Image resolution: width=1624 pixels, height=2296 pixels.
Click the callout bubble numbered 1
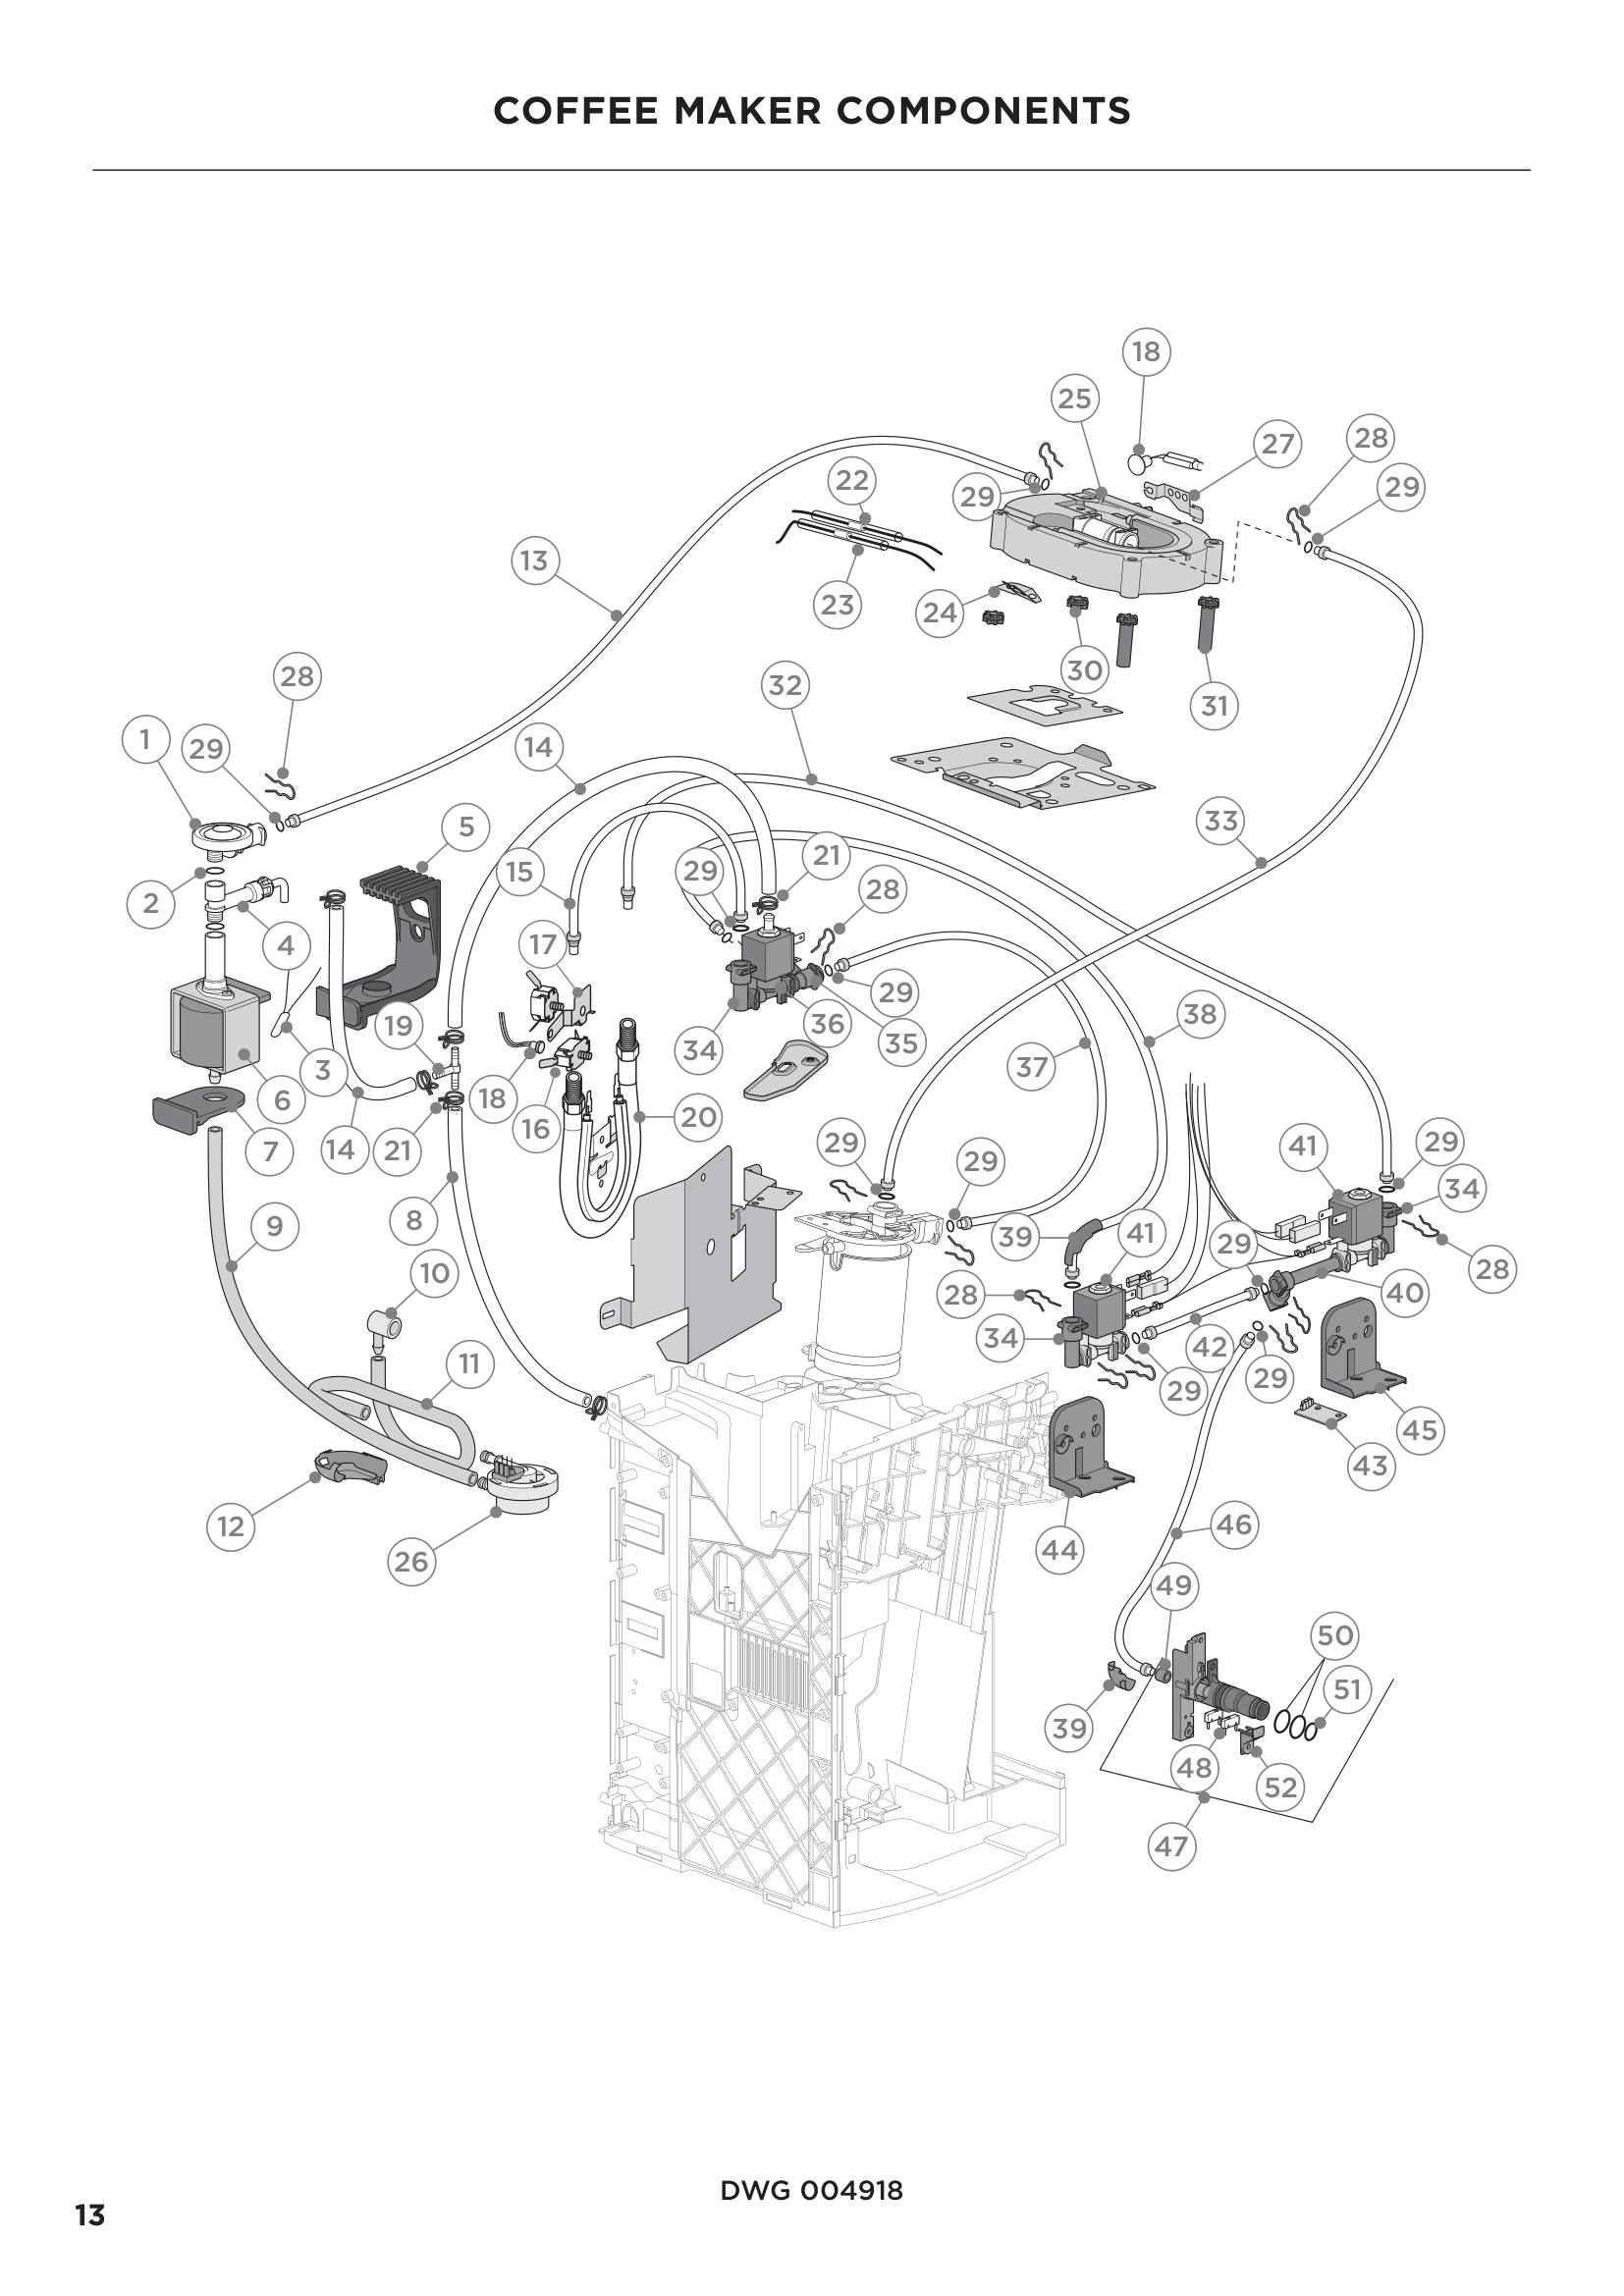[x=145, y=740]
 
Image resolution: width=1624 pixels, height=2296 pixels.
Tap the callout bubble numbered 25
[x=1074, y=399]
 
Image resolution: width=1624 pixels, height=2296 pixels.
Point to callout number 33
[x=1221, y=821]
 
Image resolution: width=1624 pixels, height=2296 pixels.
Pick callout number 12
[x=231, y=1527]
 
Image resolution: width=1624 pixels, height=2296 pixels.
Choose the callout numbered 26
[x=411, y=1562]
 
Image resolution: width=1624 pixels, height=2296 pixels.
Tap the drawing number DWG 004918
[x=811, y=2191]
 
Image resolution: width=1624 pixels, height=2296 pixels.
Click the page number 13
[x=90, y=2215]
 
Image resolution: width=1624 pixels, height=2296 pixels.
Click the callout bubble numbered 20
[x=698, y=1116]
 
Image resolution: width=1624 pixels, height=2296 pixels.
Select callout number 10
[x=434, y=1273]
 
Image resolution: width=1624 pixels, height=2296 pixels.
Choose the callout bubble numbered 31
[x=1214, y=706]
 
